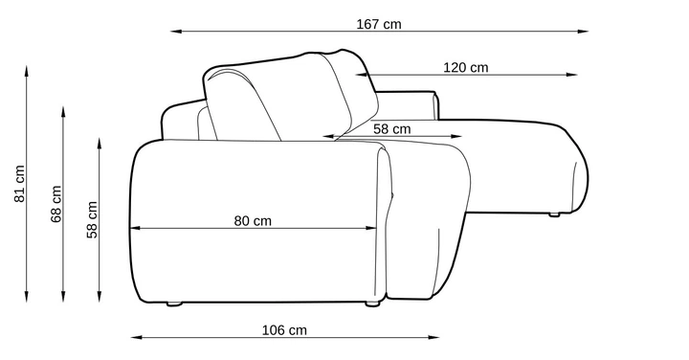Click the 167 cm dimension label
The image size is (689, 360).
(379, 24)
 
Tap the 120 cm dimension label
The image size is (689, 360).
(465, 68)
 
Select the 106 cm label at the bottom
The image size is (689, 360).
(284, 330)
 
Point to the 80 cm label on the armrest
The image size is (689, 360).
(253, 220)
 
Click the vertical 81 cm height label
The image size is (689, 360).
(20, 184)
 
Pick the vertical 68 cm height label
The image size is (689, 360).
(56, 204)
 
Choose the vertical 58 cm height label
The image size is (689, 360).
(92, 220)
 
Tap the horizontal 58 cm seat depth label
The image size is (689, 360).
(392, 129)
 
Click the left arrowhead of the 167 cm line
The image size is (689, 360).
(176, 32)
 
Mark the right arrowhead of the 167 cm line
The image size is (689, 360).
(583, 32)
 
